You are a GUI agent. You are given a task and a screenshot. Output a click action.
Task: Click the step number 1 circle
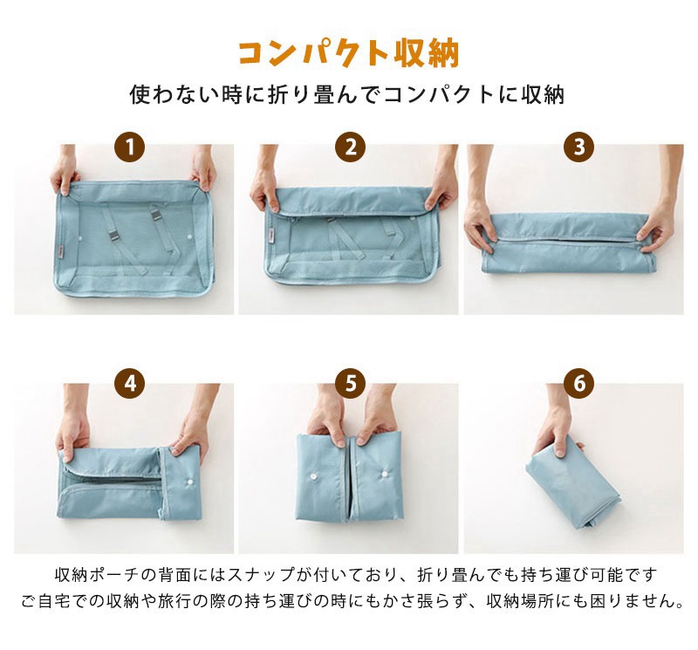pyautogui.click(x=129, y=147)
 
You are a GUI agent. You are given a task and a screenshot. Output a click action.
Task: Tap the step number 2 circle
pyautogui.click(x=351, y=147)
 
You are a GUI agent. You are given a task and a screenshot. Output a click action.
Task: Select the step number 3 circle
pyautogui.click(x=578, y=147)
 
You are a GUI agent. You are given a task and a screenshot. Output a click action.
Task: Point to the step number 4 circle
pyautogui.click(x=129, y=384)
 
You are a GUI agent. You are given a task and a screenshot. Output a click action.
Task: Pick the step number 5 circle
pyautogui.click(x=351, y=384)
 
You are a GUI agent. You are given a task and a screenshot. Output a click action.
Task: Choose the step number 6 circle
pyautogui.click(x=578, y=384)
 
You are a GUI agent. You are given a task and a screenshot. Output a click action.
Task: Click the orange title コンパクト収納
pyautogui.click(x=348, y=54)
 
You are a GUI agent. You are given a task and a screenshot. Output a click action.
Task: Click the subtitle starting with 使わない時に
pyautogui.click(x=347, y=95)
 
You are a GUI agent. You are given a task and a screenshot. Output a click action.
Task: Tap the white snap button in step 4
pyautogui.click(x=189, y=482)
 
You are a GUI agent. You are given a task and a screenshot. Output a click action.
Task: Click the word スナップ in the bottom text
pyautogui.click(x=258, y=575)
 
